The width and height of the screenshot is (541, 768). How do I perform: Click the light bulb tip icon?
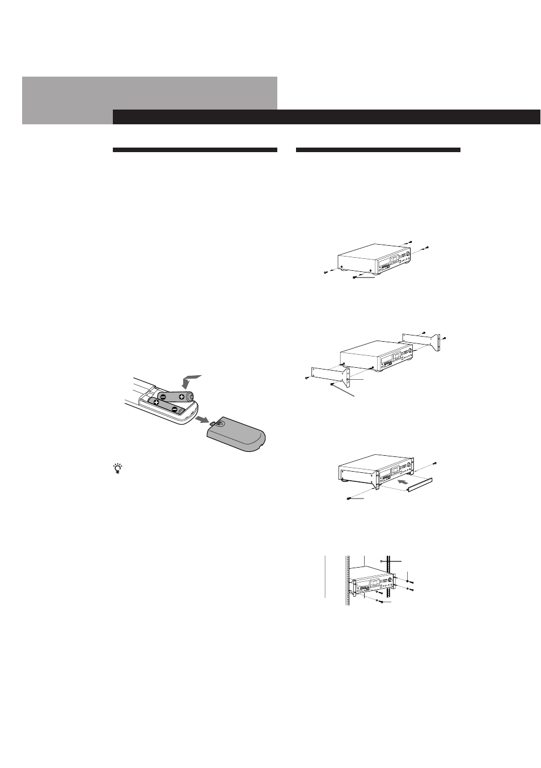(118, 468)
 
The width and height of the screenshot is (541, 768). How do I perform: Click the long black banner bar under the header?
(326, 117)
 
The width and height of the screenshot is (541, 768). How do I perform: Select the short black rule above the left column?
(195, 150)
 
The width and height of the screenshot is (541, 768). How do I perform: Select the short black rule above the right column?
(378, 150)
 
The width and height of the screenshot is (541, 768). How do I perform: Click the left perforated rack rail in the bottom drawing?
(346, 582)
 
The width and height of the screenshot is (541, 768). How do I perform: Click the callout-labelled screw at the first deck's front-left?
(355, 278)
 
